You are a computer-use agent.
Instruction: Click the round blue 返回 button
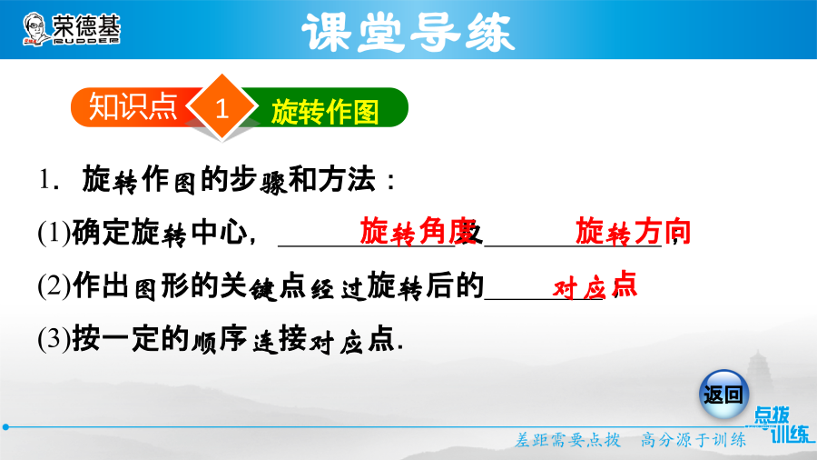723,395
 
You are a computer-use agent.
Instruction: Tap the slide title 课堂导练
408,33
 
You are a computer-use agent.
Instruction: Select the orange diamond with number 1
222,108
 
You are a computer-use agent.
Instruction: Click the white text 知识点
133,107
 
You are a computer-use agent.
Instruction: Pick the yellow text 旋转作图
325,112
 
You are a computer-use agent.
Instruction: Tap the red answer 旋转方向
633,232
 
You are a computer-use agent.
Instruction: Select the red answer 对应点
595,285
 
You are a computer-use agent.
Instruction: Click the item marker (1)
54,232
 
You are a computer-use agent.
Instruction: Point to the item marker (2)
54,285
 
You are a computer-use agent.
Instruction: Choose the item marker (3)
54,339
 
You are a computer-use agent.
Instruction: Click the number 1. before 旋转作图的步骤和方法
50,180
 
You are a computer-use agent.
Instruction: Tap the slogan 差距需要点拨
568,440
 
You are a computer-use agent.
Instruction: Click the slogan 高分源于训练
694,440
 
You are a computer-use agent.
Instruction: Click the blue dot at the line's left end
5,427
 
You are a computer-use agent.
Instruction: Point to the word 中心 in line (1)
219,232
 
